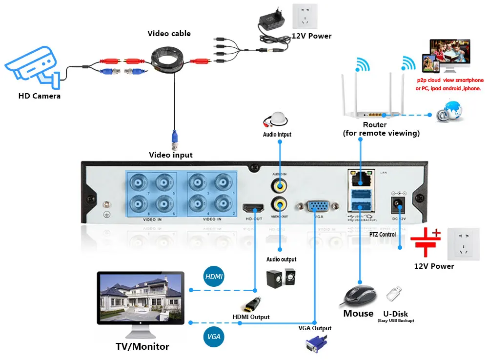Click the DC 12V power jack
pyautogui.click(x=399, y=205)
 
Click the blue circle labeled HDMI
pyautogui.click(x=214, y=277)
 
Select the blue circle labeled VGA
pyautogui.click(x=214, y=337)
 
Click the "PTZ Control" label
pyautogui.click(x=383, y=235)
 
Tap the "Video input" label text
pyautogui.click(x=171, y=155)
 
